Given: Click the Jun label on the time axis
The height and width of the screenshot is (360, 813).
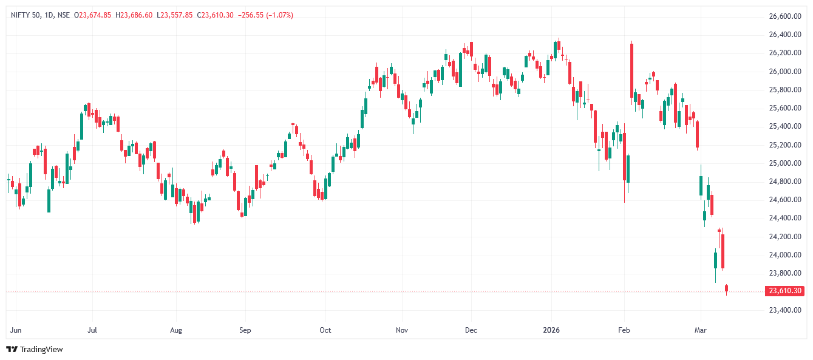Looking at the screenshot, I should tap(16, 331).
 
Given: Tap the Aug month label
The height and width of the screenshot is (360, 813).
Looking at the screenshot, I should tap(176, 331).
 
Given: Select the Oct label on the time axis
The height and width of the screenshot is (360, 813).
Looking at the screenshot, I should tap(325, 331).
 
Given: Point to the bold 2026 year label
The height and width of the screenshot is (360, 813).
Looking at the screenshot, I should tap(551, 331).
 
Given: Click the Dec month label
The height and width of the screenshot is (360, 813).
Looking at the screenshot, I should tap(471, 331).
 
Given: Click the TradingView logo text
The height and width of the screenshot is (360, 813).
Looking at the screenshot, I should tap(41, 350).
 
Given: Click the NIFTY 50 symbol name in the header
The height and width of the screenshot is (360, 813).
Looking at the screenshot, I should tap(25, 15).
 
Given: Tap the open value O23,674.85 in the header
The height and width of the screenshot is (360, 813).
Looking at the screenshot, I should tap(92, 15).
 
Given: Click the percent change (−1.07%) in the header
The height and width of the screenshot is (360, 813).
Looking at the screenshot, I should tap(276, 15).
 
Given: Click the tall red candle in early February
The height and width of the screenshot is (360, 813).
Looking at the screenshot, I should tap(632, 70).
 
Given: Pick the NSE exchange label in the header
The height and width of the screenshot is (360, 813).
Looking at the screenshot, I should tap(63, 15).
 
